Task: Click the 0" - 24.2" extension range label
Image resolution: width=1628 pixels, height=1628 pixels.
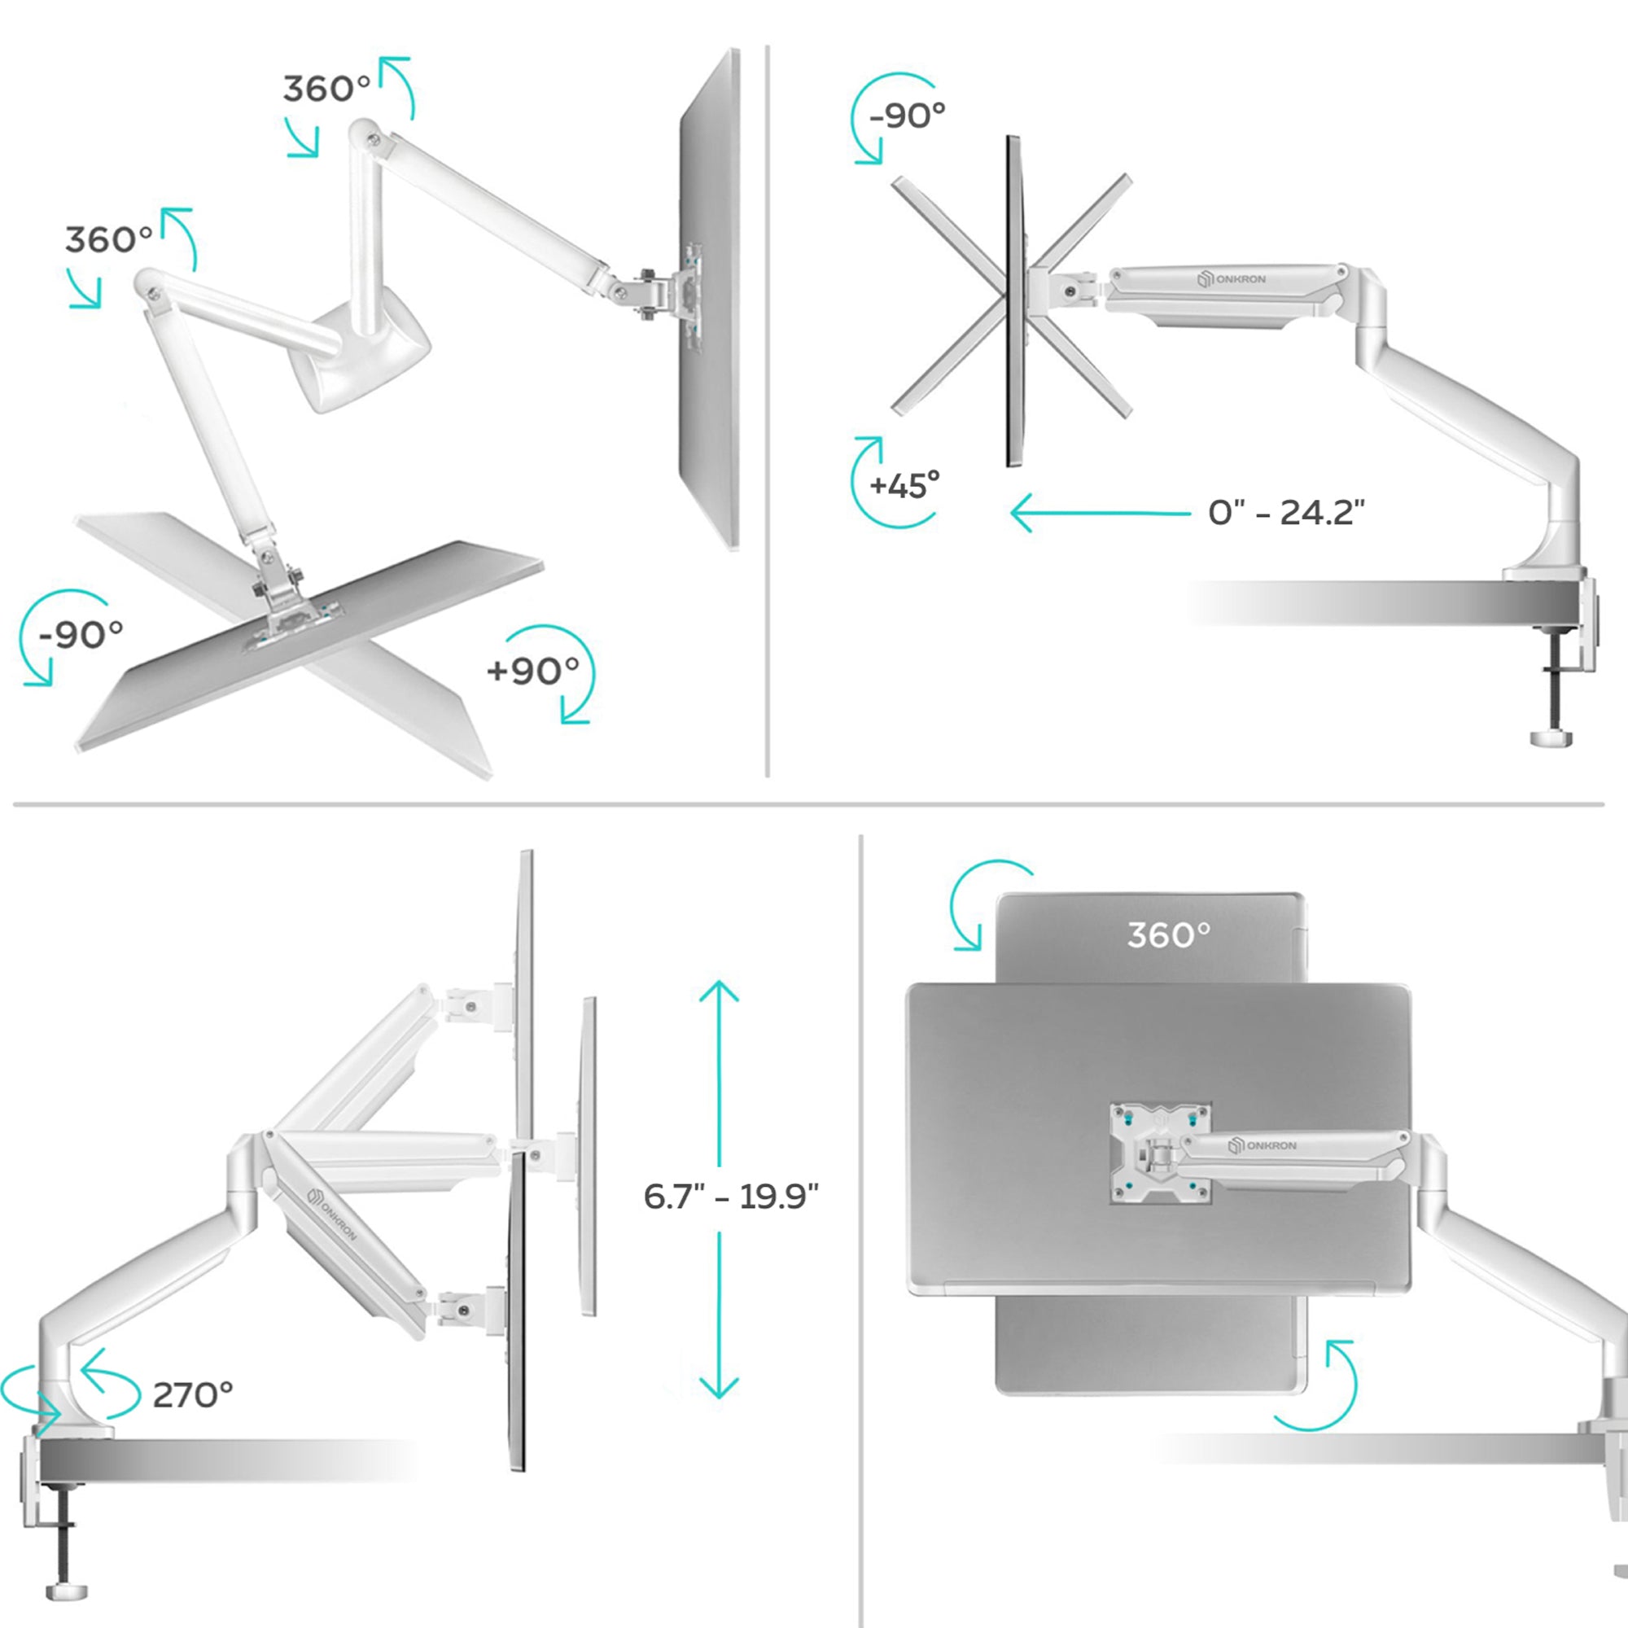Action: click(1286, 512)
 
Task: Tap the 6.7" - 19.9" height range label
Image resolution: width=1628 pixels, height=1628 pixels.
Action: click(731, 1196)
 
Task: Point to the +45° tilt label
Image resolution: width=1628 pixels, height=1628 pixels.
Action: click(904, 486)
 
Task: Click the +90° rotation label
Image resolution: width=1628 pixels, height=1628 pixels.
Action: click(532, 671)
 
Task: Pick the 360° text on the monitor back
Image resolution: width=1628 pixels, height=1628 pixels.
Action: click(1169, 934)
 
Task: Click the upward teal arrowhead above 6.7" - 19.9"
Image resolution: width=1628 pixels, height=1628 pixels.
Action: click(719, 991)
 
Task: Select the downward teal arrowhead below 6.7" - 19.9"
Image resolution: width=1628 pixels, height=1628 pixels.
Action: click(719, 1386)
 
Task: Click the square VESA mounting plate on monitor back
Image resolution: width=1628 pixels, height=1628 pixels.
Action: click(1160, 1152)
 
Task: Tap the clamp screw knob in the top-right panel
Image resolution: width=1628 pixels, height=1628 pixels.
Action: click(1551, 739)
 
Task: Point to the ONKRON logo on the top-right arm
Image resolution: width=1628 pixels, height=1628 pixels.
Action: click(1232, 279)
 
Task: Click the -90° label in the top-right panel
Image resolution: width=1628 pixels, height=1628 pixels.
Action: click(907, 115)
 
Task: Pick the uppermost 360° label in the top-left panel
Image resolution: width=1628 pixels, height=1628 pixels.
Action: click(326, 89)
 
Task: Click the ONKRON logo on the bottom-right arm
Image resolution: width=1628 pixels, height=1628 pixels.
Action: click(1263, 1146)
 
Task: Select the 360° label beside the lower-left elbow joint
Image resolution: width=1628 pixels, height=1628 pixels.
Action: click(109, 240)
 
